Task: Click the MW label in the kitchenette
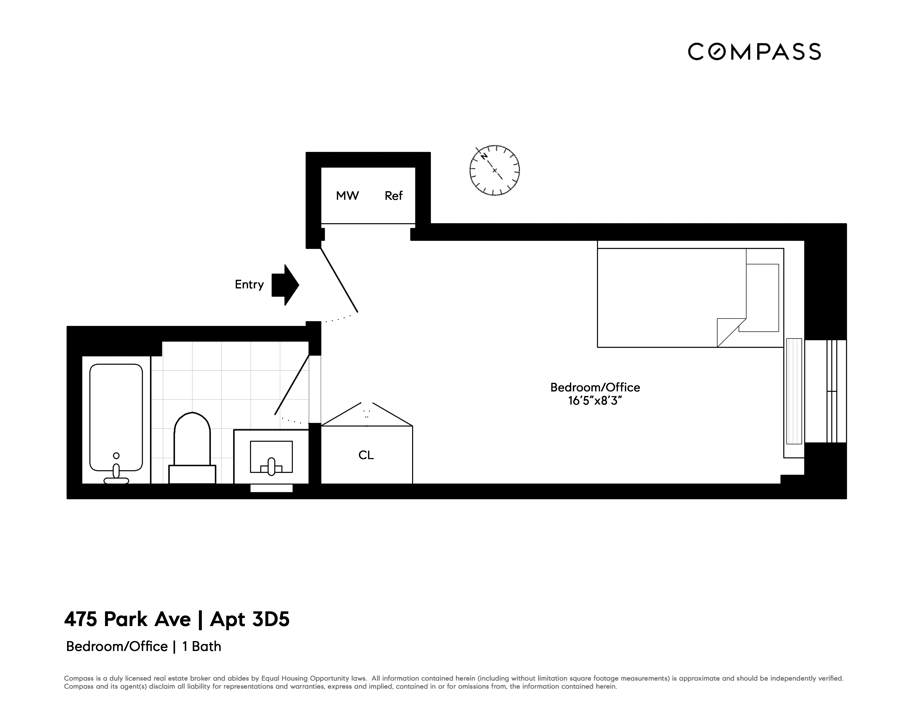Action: click(x=347, y=196)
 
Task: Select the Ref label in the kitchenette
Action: click(x=393, y=196)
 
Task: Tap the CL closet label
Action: click(x=366, y=455)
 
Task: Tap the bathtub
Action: click(x=116, y=418)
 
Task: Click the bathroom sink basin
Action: click(x=271, y=457)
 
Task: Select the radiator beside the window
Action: click(x=794, y=391)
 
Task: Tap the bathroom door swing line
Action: click(x=292, y=385)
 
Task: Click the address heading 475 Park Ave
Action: click(x=127, y=619)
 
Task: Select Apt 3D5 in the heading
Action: click(x=249, y=619)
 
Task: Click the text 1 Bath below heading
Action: click(x=202, y=647)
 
